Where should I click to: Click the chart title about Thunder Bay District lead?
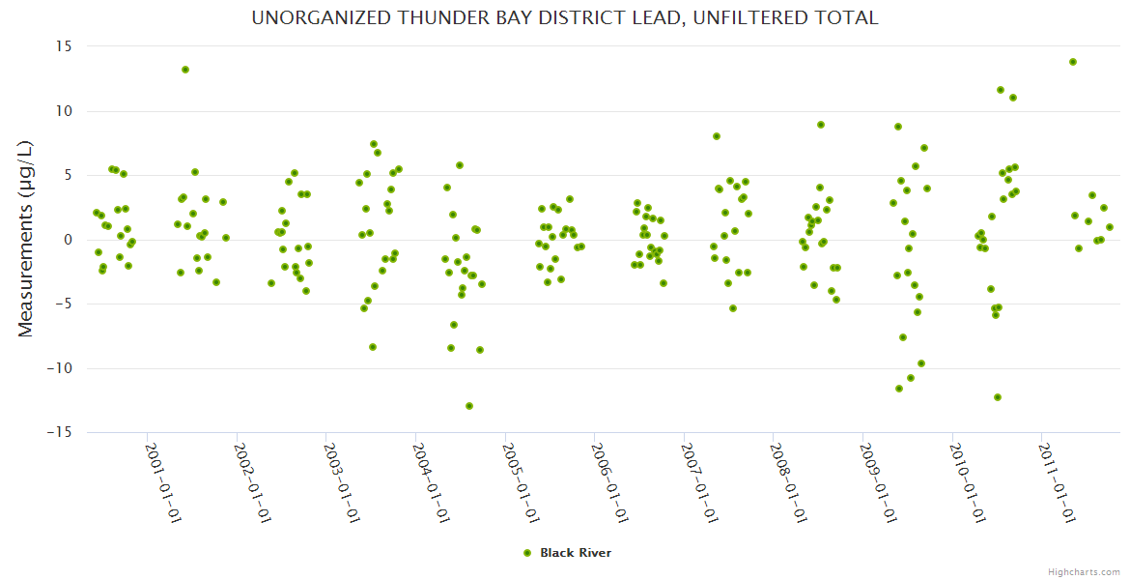coord(564,17)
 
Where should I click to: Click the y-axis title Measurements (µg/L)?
coord(26,240)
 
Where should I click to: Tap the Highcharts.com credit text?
coord(1084,571)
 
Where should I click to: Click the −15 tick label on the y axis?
coord(62,432)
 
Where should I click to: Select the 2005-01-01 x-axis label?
coord(522,482)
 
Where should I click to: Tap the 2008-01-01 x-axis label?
coord(790,482)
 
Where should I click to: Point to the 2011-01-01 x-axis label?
coord(1058,482)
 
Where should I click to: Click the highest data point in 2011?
coord(1073,62)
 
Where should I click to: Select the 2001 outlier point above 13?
coord(185,70)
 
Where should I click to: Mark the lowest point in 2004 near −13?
coord(469,406)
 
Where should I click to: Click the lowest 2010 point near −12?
coord(998,397)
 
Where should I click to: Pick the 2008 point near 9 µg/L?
coord(821,125)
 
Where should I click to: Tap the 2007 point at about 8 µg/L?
coord(717,136)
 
